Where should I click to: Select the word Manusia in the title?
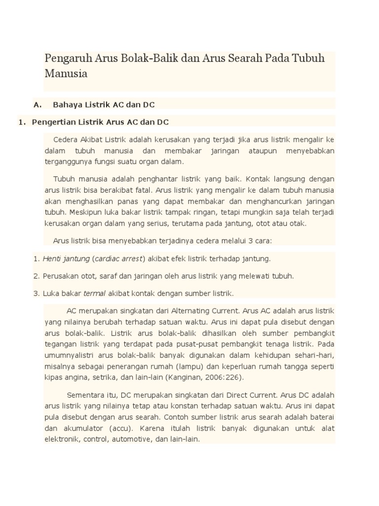point(66,74)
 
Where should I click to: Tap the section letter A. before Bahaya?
point(37,104)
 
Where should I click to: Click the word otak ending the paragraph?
point(298,223)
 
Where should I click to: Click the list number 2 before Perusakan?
point(36,276)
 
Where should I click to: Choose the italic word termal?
point(95,293)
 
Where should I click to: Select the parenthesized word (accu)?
point(113,428)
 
